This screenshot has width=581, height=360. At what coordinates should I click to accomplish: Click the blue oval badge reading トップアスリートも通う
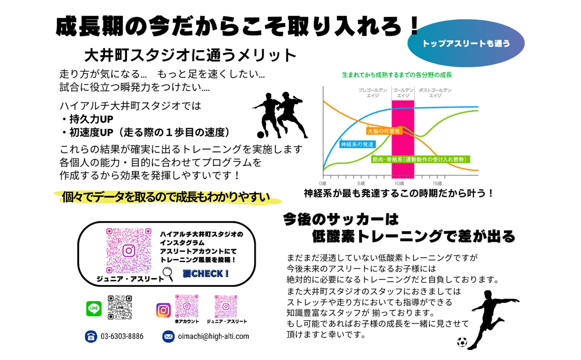click(466, 43)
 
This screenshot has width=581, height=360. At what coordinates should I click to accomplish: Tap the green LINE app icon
click(94, 308)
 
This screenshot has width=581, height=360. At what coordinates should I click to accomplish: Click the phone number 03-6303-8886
click(122, 336)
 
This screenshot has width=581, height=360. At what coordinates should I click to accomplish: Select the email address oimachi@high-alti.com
click(213, 336)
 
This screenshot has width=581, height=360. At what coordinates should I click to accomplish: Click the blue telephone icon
click(91, 336)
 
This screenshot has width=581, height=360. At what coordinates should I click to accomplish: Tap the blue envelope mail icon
click(168, 336)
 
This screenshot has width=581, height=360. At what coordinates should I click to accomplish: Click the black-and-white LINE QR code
click(120, 307)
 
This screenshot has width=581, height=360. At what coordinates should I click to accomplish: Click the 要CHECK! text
click(206, 274)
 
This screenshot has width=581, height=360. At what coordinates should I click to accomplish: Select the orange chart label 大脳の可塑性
click(384, 131)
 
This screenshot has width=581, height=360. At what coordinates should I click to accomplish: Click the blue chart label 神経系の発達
click(357, 145)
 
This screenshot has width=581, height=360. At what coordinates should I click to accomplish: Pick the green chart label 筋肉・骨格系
click(420, 159)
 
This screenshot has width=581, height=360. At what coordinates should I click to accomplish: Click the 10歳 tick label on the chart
click(399, 183)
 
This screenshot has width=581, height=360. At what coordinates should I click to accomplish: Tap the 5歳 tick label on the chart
click(361, 183)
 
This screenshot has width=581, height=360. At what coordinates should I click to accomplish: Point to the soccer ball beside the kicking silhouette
click(462, 342)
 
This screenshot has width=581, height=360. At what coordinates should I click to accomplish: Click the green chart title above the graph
click(397, 75)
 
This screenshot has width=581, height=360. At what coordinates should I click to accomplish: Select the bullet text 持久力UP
click(91, 119)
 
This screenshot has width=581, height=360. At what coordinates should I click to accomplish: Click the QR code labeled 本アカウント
click(187, 306)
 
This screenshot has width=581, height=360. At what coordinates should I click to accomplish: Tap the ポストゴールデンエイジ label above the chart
click(435, 93)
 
